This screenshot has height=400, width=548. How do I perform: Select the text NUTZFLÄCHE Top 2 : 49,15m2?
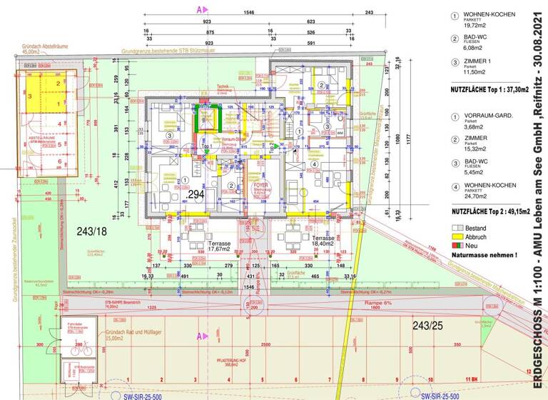coord(489,211)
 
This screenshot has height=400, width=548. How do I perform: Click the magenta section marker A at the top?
coord(202,9)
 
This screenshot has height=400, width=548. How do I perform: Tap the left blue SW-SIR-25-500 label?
coord(127,395)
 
